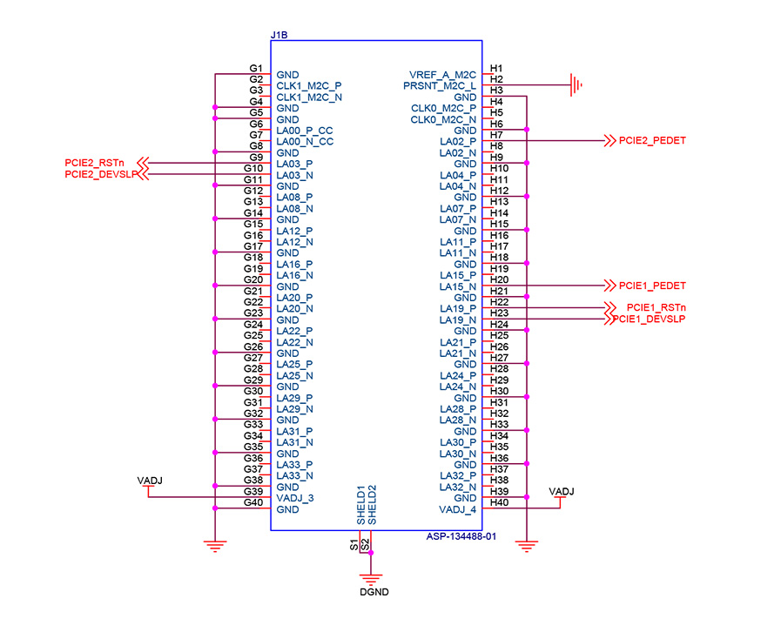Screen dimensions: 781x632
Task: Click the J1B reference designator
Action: click(279, 35)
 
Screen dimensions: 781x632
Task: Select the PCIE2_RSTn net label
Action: click(94, 163)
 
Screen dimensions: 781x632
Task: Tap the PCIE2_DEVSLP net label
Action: click(101, 174)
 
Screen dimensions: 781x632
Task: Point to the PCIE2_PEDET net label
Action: click(652, 140)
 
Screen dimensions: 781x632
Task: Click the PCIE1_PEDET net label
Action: click(652, 286)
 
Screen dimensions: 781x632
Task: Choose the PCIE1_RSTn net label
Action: click(656, 308)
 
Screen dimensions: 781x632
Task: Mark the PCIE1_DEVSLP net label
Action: click(649, 319)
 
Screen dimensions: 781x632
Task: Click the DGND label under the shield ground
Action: click(374, 592)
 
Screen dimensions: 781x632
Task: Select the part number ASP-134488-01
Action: click(461, 536)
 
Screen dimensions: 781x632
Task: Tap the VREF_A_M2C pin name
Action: click(442, 75)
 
